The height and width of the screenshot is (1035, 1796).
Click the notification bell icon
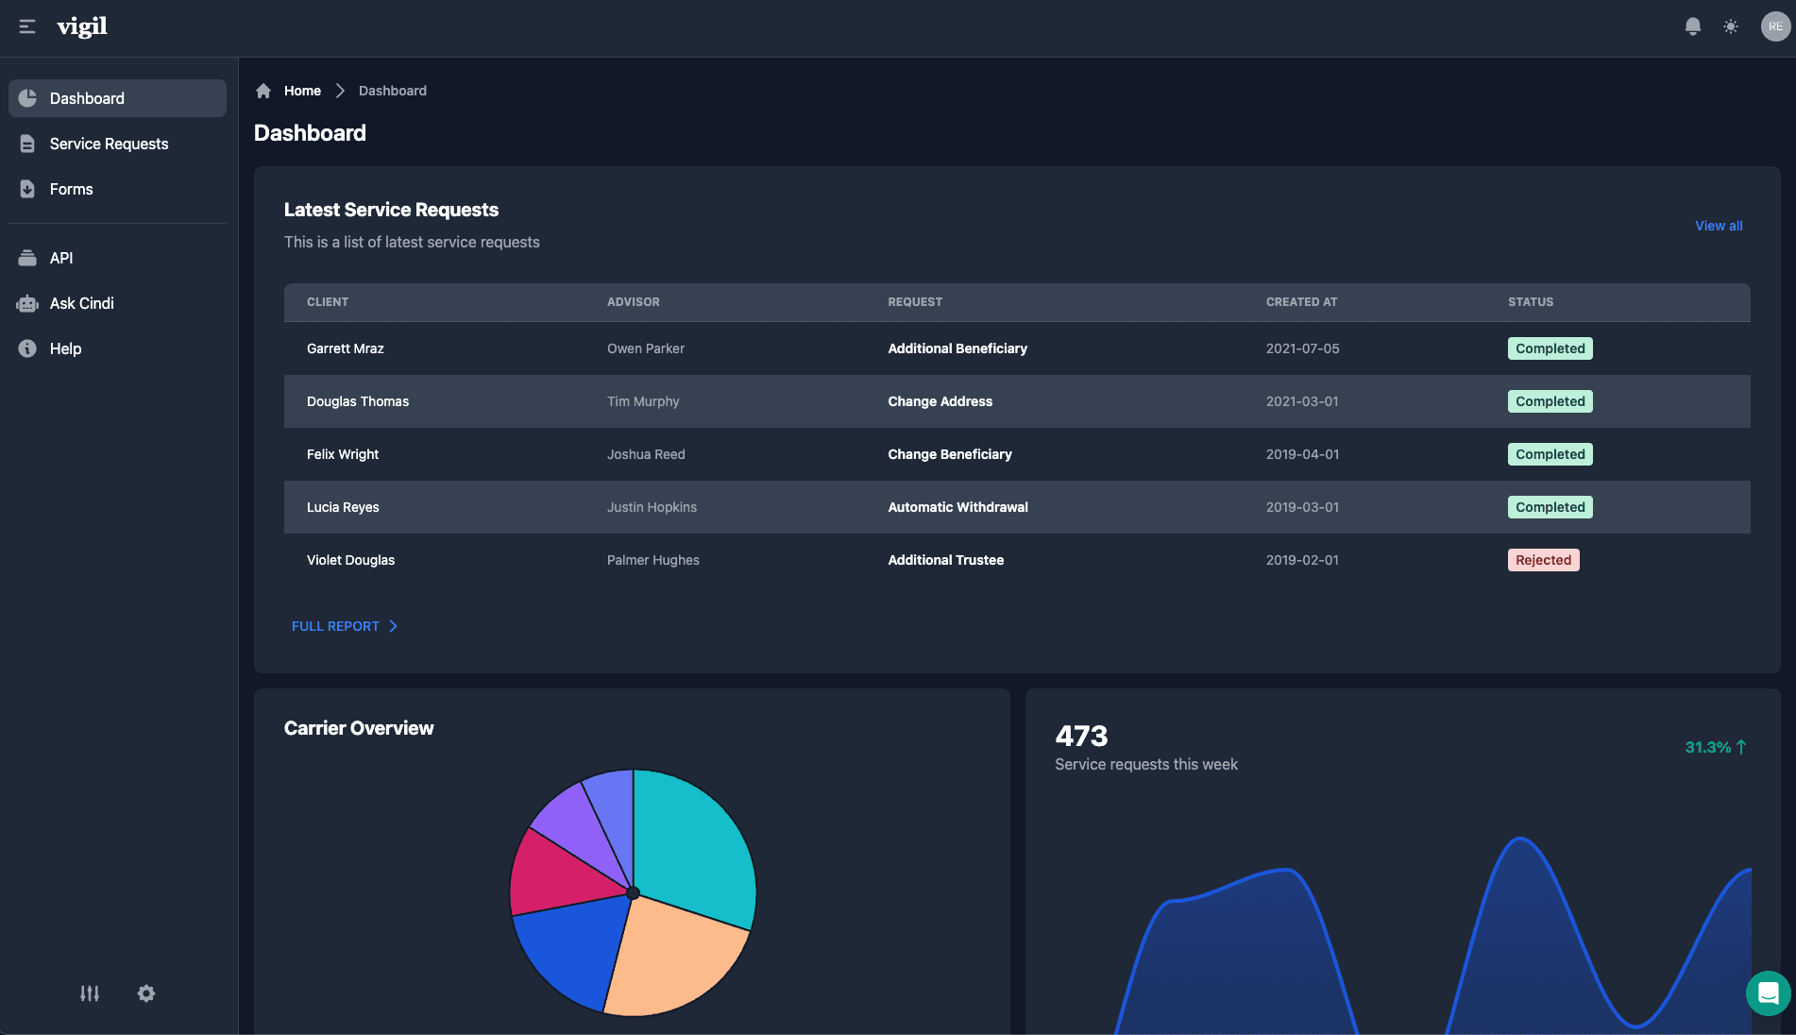tap(1692, 26)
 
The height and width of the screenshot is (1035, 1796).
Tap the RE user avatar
tap(1774, 26)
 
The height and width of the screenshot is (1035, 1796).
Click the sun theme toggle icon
tap(1730, 26)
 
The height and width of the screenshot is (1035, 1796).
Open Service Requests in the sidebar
tap(109, 144)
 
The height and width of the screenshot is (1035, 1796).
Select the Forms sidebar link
tap(71, 189)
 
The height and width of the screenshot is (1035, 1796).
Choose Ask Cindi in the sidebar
tap(81, 303)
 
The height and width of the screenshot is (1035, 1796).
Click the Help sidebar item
tap(65, 348)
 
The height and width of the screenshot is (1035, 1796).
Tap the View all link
tap(1718, 226)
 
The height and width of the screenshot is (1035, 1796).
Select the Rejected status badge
tap(1543, 560)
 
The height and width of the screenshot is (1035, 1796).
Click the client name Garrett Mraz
tap(345, 348)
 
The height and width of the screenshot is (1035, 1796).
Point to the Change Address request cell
tap(940, 401)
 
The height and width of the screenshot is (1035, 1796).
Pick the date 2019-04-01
tap(1302, 454)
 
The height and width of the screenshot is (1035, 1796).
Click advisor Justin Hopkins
tap(652, 507)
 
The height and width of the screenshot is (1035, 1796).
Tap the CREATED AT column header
tap(1301, 302)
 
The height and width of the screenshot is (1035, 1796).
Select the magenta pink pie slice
tap(562, 874)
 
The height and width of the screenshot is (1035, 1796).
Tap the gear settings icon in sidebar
tap(146, 993)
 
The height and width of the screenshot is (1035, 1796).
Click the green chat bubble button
tap(1768, 993)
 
